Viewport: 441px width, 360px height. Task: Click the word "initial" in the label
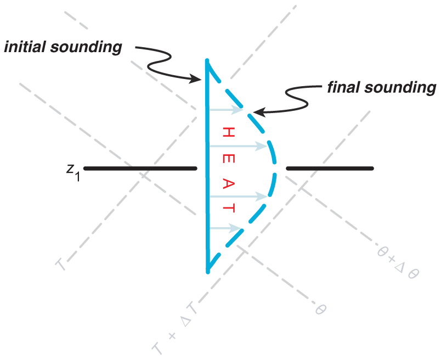tap(25, 47)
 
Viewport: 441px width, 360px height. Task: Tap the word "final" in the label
tap(344, 87)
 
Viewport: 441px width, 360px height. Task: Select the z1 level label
tap(73, 172)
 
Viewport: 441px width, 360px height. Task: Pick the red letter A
tap(228, 184)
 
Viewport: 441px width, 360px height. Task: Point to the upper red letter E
tap(228, 159)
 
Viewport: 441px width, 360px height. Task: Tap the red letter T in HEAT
tap(228, 208)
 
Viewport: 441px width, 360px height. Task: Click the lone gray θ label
tap(320, 310)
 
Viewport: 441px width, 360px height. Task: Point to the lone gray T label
tap(61, 265)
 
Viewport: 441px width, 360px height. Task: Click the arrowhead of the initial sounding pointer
tap(196, 78)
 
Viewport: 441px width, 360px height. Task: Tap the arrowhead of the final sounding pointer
tap(259, 112)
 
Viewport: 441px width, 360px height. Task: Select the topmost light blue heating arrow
tap(226, 110)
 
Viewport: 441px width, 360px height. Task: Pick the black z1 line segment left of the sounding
tap(140, 168)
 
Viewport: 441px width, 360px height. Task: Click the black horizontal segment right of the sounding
tap(330, 168)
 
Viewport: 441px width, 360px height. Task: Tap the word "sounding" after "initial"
tap(86, 47)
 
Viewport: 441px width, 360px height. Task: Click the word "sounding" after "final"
tap(400, 88)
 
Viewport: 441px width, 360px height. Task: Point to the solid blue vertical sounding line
tap(207, 166)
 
